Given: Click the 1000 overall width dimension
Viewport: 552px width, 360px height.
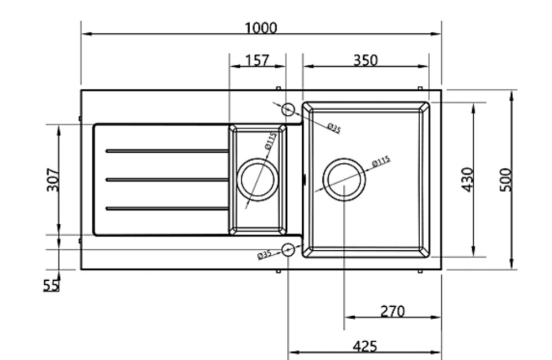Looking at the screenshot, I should [x=261, y=28].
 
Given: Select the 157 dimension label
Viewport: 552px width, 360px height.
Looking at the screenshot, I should [x=257, y=60].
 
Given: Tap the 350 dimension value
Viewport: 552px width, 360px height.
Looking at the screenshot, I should [x=365, y=60].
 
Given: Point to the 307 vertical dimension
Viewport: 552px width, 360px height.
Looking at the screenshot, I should [x=53, y=179].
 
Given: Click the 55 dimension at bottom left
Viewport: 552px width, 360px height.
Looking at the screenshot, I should [x=51, y=285].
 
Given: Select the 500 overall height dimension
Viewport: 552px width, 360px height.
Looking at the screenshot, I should [x=505, y=179].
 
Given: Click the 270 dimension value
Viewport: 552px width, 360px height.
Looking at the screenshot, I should [x=392, y=311].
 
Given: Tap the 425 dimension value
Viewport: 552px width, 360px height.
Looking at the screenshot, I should [x=364, y=346].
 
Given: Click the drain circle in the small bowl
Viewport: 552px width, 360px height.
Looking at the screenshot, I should [x=257, y=179].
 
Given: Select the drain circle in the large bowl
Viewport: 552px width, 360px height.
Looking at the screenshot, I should [x=344, y=179].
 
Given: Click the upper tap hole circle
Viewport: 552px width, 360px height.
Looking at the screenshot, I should [x=288, y=109].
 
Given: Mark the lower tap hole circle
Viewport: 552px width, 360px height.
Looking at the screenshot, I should [x=288, y=250].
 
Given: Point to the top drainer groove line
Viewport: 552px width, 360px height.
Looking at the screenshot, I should [x=167, y=151].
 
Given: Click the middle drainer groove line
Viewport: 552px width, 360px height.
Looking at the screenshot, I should [x=167, y=179].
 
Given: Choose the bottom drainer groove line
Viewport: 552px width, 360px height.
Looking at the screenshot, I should [x=167, y=208].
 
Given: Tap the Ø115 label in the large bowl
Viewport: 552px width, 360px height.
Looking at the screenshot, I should [x=381, y=161].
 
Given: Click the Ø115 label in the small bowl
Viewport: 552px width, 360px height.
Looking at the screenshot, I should [x=270, y=141].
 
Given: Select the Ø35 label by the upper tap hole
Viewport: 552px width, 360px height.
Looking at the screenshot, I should [x=334, y=128].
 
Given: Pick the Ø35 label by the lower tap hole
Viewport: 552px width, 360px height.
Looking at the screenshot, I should [x=265, y=255].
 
